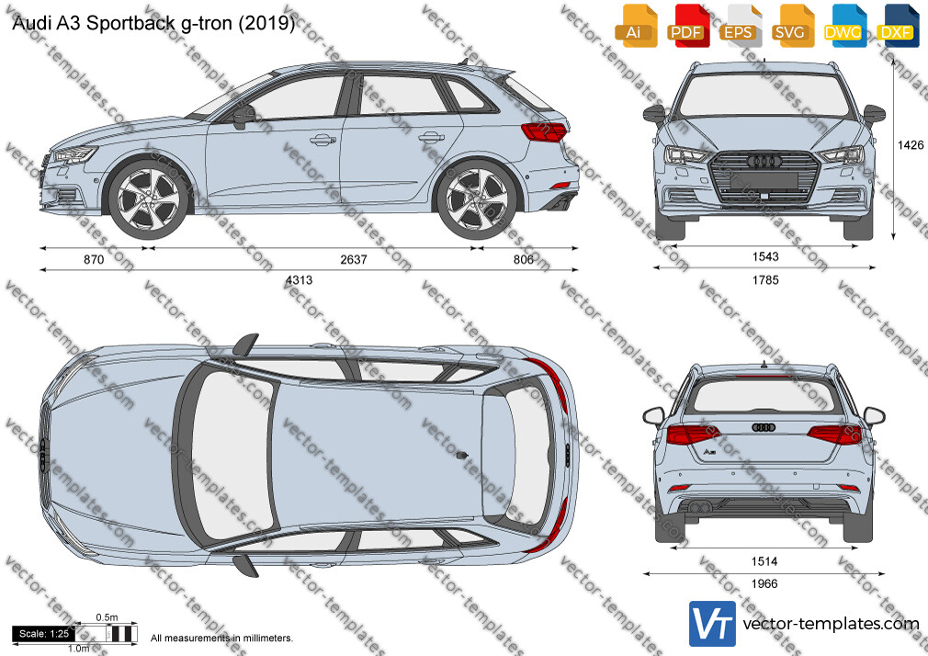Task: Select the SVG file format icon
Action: tap(791, 26)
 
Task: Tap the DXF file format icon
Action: tap(896, 26)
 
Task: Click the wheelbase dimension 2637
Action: tap(354, 259)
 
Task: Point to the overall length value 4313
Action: tap(299, 280)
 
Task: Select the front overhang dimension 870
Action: tap(94, 259)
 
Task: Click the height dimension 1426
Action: tap(911, 145)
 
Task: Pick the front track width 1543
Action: tap(765, 256)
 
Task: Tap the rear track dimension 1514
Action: tap(764, 561)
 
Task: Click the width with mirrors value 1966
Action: tap(764, 583)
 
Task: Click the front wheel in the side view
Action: tap(148, 199)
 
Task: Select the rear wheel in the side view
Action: tap(477, 199)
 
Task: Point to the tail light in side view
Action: tap(544, 131)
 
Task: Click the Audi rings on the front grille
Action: tap(764, 161)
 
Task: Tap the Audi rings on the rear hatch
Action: tap(764, 427)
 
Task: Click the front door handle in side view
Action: tap(323, 140)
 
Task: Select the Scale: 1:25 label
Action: tap(44, 634)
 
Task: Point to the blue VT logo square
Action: tap(713, 624)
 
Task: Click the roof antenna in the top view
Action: tap(462, 455)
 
